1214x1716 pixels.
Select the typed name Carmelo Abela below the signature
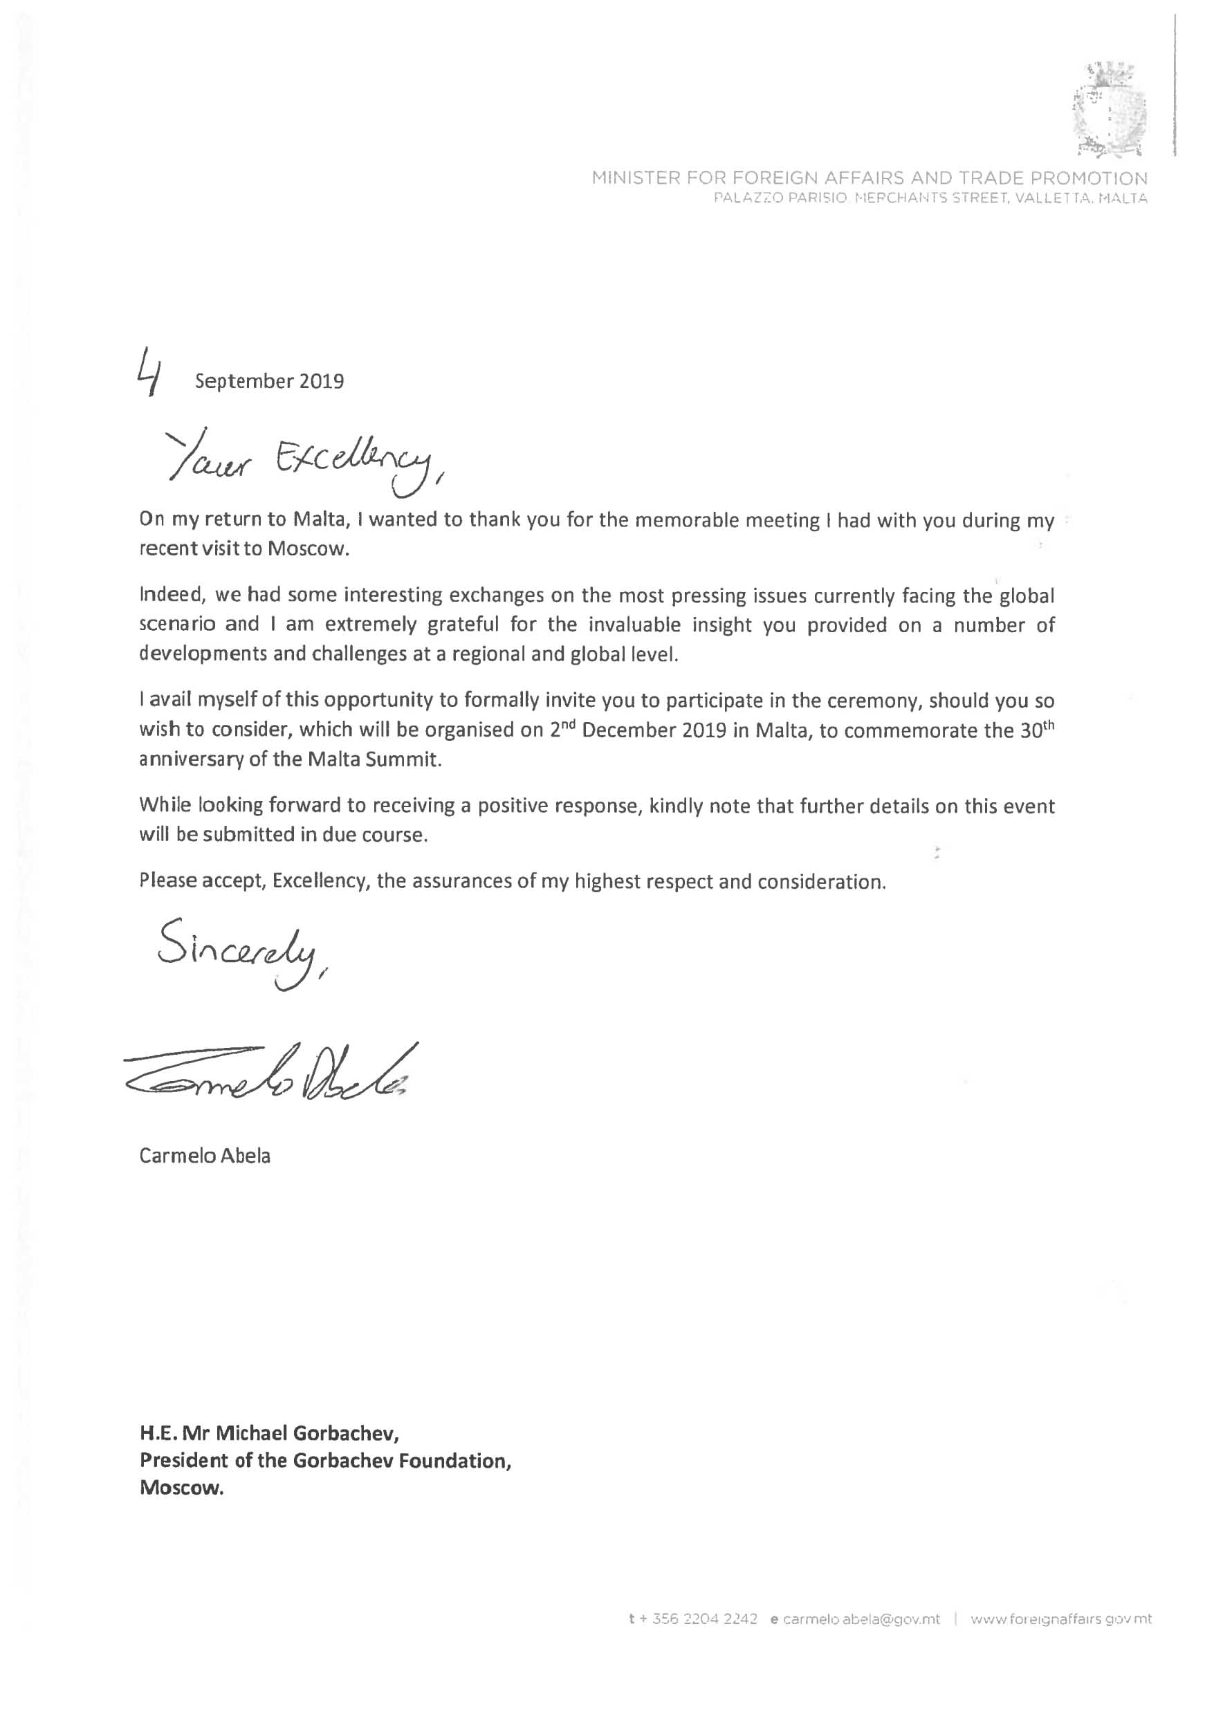pyautogui.click(x=205, y=1156)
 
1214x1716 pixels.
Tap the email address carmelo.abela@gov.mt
pyautogui.click(x=854, y=1619)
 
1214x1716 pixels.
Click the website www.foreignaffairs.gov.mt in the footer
pyautogui.click(x=1060, y=1619)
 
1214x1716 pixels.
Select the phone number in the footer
pyautogui.click(x=693, y=1619)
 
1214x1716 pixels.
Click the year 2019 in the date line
pyautogui.click(x=322, y=382)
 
